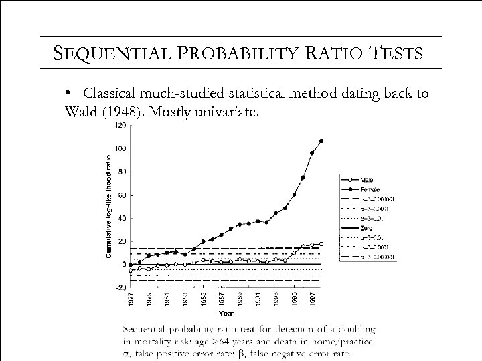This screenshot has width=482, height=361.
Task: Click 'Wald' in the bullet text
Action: click(x=84, y=110)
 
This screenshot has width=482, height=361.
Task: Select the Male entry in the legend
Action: click(x=367, y=179)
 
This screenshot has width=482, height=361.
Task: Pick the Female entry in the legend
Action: click(x=370, y=191)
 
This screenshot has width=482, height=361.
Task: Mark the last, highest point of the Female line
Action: click(x=321, y=141)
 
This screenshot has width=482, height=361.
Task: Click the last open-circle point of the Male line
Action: click(x=321, y=244)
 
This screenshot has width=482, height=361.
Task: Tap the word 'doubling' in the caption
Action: click(x=353, y=329)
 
